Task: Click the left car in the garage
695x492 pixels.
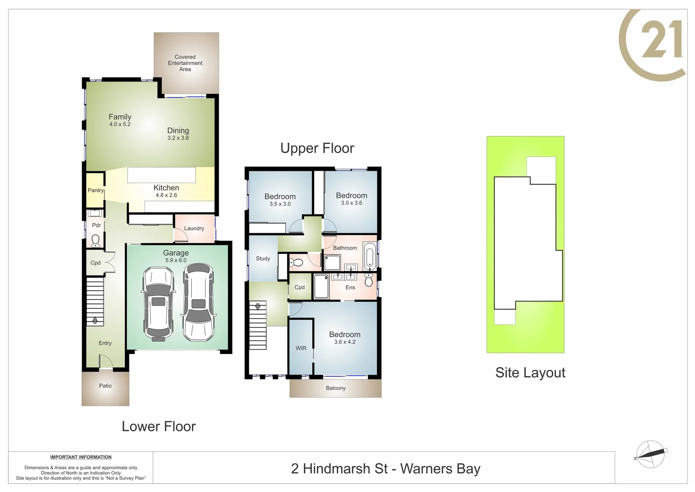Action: click(x=158, y=303)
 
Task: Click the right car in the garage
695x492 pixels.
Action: click(x=198, y=303)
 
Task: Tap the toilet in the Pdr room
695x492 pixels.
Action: click(x=95, y=240)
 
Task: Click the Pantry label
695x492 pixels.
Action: click(x=96, y=190)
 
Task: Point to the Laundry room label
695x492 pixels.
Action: click(x=194, y=228)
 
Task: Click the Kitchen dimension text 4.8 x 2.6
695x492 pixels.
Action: click(x=166, y=195)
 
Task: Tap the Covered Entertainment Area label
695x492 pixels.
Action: click(x=185, y=63)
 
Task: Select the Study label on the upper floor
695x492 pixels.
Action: click(x=263, y=258)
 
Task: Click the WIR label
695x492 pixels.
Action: click(x=301, y=348)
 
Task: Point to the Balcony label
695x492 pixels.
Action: click(x=335, y=388)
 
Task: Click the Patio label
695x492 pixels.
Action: click(x=105, y=386)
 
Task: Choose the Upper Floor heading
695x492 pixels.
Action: click(x=317, y=148)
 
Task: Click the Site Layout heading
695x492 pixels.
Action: click(x=530, y=373)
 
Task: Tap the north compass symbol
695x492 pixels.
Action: click(x=651, y=454)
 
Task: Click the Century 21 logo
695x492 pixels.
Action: click(x=654, y=45)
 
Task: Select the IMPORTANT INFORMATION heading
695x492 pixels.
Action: click(x=81, y=457)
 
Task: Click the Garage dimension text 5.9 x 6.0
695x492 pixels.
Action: click(x=176, y=261)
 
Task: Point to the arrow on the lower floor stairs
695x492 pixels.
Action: click(x=95, y=320)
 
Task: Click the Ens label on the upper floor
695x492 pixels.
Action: click(x=350, y=287)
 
